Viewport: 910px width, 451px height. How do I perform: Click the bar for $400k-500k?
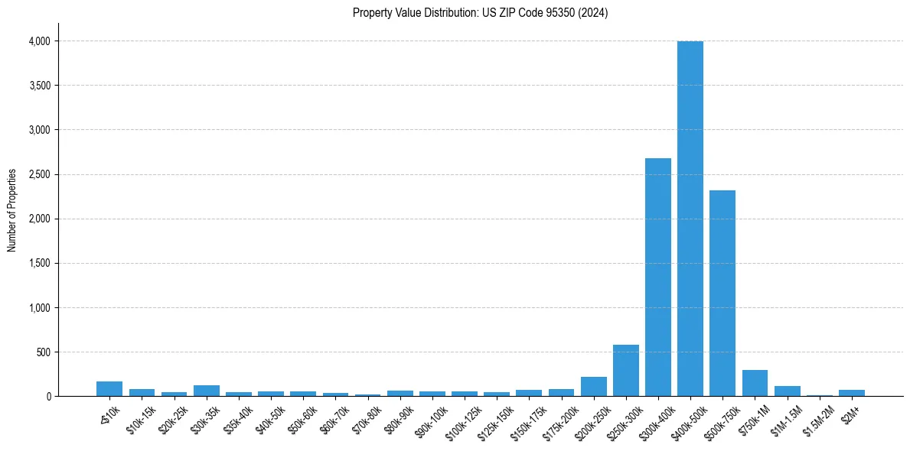[690, 219]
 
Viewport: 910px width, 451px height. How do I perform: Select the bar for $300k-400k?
[658, 277]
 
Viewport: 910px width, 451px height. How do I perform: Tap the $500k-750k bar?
[722, 293]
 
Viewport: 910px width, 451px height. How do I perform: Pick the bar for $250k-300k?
[626, 371]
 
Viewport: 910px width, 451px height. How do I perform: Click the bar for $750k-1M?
[755, 383]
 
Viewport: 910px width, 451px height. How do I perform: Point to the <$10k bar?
[109, 389]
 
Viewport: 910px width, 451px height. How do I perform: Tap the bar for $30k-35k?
[207, 391]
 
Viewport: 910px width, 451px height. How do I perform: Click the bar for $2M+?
[852, 393]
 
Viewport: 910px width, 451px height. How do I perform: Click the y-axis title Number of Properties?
[11, 211]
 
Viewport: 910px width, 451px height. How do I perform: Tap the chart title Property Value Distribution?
[481, 13]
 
